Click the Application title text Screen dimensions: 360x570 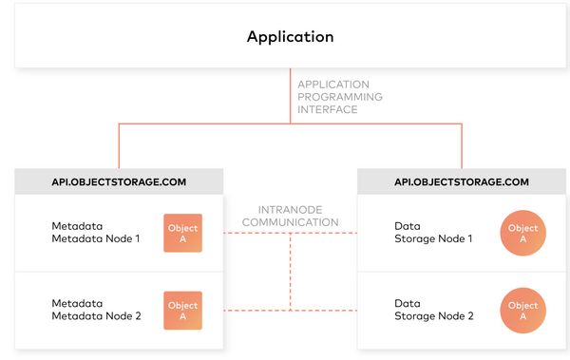pos(290,37)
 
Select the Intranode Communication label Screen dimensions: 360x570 pos(290,216)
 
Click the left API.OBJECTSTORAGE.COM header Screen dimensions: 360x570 pos(119,181)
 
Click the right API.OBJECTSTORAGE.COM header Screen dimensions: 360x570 pos(462,181)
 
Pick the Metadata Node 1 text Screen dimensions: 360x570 pos(95,233)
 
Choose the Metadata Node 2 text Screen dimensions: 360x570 pos(95,310)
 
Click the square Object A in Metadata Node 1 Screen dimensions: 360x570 pos(182,234)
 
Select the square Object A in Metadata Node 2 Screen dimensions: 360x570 pos(182,311)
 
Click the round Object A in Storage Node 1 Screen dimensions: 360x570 pos(522,234)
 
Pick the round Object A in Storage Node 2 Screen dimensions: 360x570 pos(522,311)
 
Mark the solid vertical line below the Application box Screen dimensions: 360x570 pos(290,95)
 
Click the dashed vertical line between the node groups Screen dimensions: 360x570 pos(290,275)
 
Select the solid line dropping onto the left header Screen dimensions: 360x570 pos(119,146)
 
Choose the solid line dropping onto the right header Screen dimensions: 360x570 pos(462,146)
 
